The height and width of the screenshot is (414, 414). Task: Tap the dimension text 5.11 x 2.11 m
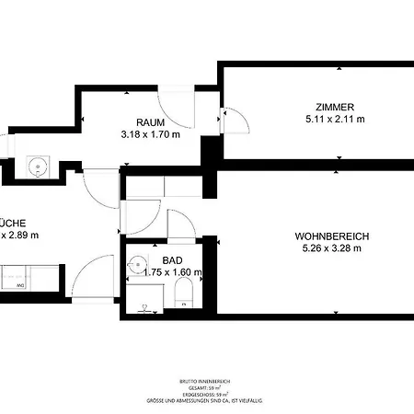tap(335, 119)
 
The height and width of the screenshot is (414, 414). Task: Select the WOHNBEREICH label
tap(331, 235)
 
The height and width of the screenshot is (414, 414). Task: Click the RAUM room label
tap(150, 122)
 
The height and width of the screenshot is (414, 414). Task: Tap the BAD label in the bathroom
tap(172, 260)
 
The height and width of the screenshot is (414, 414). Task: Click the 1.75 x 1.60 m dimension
tap(172, 272)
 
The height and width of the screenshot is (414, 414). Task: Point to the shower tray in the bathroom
tap(143, 299)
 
